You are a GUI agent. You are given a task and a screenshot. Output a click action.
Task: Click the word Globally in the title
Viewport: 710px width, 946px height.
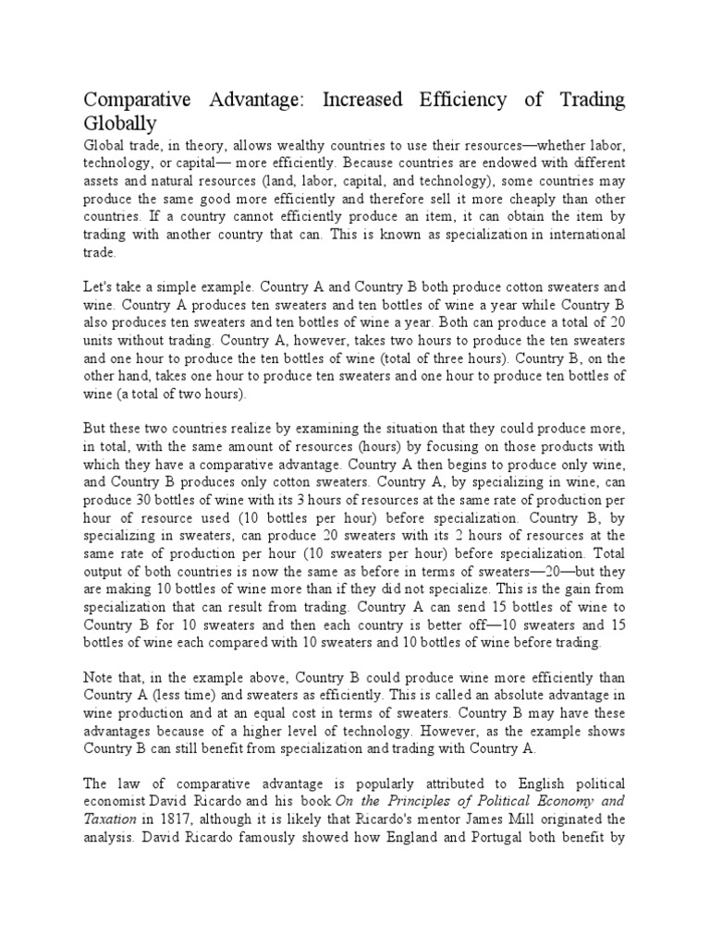click(120, 123)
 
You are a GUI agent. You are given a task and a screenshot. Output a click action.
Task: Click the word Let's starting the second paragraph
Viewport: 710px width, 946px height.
click(100, 287)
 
